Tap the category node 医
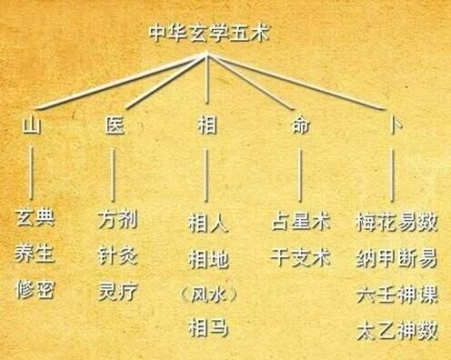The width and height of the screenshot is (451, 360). coord(114,126)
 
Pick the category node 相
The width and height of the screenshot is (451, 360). coord(207,126)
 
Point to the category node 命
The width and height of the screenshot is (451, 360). coord(300,126)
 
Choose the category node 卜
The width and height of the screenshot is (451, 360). coord(393,126)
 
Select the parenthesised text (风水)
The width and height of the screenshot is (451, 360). coord(207,293)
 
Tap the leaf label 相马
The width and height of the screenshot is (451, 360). coord(207,326)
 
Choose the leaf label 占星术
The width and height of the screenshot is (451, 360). coord(300,221)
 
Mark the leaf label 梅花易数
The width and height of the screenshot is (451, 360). coord(397,221)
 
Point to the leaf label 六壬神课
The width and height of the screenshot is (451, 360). coord(397,292)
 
